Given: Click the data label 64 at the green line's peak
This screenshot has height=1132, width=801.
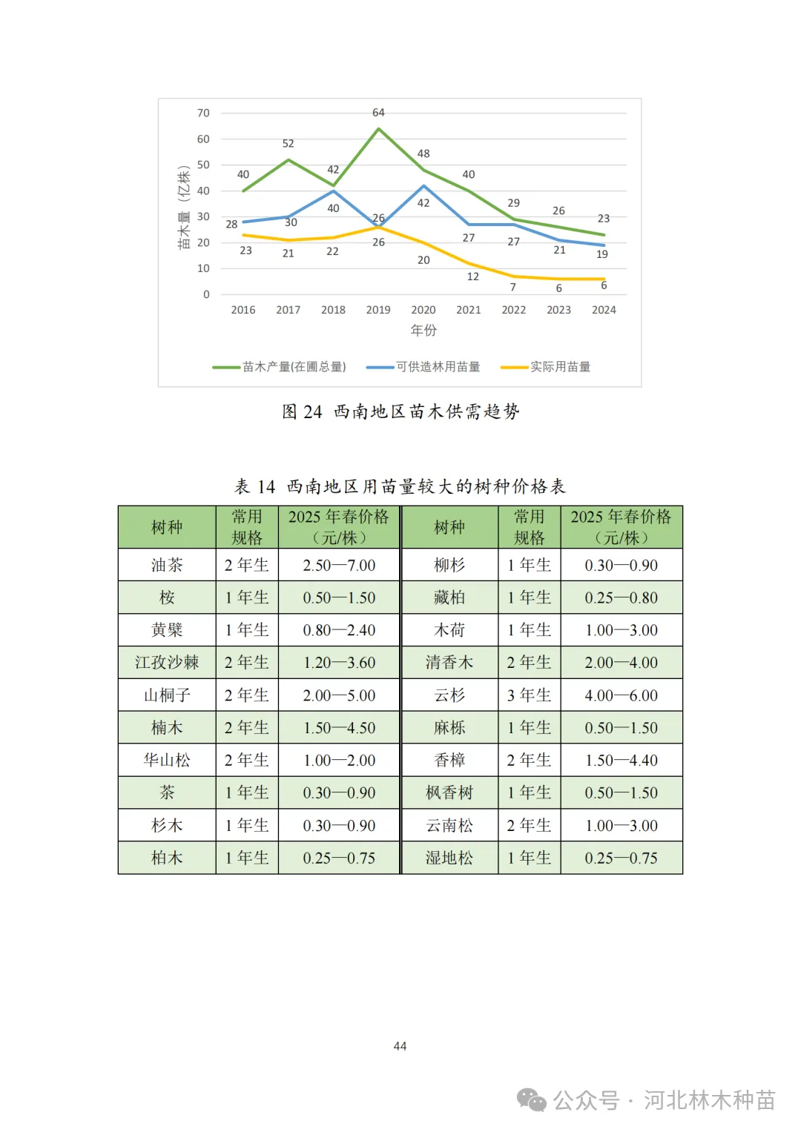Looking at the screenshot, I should (378, 113).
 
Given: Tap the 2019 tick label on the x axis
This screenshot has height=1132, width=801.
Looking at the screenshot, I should (378, 310).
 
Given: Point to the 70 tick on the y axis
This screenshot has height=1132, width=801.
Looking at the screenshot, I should (203, 113).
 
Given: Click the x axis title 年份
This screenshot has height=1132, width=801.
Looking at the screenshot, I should (423, 330).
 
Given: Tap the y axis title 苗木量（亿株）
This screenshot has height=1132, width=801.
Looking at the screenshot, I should (184, 207).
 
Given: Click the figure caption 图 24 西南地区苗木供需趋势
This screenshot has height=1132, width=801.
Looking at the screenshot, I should (400, 412).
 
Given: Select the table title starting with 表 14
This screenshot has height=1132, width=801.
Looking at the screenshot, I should (400, 486).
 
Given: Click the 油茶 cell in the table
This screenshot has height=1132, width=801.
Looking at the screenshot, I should (167, 565).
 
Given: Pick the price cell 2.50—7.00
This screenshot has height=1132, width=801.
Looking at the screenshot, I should (339, 565).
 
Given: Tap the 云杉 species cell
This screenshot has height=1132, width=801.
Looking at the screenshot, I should (449, 695).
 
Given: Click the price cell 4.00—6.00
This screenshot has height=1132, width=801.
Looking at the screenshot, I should (621, 695).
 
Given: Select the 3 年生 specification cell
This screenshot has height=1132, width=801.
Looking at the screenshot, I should (529, 695).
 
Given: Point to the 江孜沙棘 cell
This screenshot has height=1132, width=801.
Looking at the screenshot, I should (167, 663).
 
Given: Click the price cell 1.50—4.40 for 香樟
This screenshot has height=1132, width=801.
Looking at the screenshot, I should (621, 761).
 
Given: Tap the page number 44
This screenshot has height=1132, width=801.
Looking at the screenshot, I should (400, 1046).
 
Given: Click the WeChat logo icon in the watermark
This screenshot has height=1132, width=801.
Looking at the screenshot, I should (531, 1100).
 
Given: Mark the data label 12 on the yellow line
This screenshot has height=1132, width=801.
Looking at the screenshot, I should (472, 277).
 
